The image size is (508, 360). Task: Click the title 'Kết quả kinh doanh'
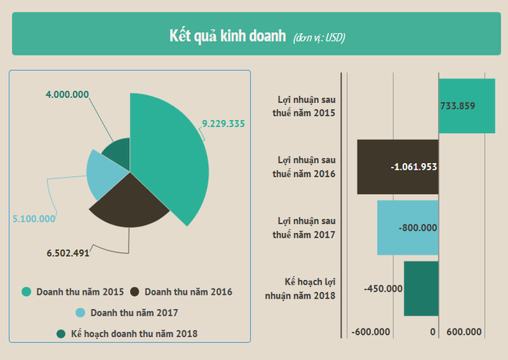(228, 36)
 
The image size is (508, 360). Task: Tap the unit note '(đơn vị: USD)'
(319, 38)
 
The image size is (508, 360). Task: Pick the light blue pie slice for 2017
(105, 174)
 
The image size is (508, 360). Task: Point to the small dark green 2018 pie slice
(117, 153)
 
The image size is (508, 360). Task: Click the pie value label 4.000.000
(67, 95)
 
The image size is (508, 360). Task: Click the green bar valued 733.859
(466, 105)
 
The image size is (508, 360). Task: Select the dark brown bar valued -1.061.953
(398, 167)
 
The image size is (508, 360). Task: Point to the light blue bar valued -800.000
(408, 228)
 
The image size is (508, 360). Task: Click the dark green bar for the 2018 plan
(421, 288)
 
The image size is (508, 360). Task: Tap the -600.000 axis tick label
(371, 332)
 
